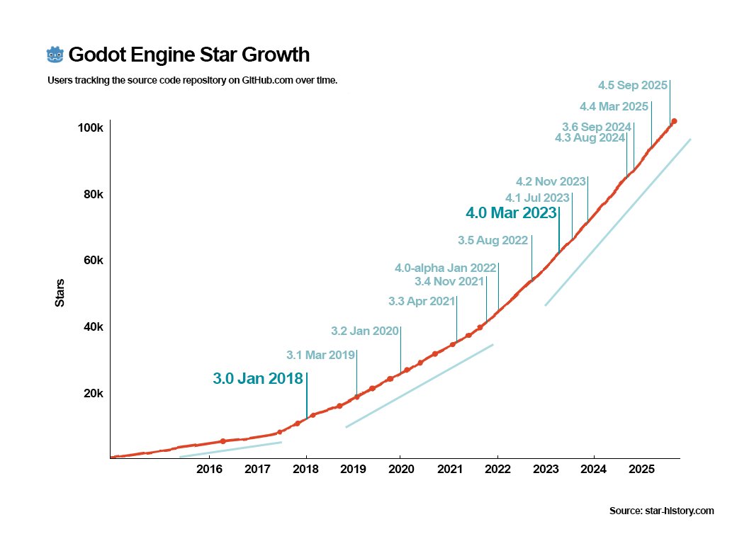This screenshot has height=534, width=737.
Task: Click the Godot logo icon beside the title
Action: click(55, 55)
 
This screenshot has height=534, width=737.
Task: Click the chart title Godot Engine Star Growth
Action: click(189, 55)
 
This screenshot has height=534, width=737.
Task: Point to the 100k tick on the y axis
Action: click(91, 128)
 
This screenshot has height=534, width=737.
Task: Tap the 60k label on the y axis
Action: click(94, 261)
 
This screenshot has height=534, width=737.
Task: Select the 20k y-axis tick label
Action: click(94, 394)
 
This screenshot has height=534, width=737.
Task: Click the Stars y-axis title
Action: click(60, 293)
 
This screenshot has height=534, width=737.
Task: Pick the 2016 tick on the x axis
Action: click(210, 469)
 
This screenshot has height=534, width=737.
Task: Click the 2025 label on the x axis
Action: click(641, 469)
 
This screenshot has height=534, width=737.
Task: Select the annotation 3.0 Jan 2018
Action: click(258, 379)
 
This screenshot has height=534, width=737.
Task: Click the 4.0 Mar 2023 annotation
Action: click(511, 212)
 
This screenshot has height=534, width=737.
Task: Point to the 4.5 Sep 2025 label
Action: click(633, 86)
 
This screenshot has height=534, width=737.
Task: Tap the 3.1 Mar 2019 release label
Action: click(320, 355)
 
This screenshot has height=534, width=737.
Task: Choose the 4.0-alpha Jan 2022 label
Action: click(445, 268)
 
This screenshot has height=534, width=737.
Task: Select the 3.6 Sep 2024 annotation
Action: click(597, 127)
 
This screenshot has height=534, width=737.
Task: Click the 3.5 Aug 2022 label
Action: click(493, 241)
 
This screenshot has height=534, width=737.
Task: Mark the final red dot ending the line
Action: click(674, 121)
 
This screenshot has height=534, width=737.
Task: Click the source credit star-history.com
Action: click(661, 511)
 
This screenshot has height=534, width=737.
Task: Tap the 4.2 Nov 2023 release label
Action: click(551, 181)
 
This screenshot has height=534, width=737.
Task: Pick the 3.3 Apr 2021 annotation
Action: click(422, 302)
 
